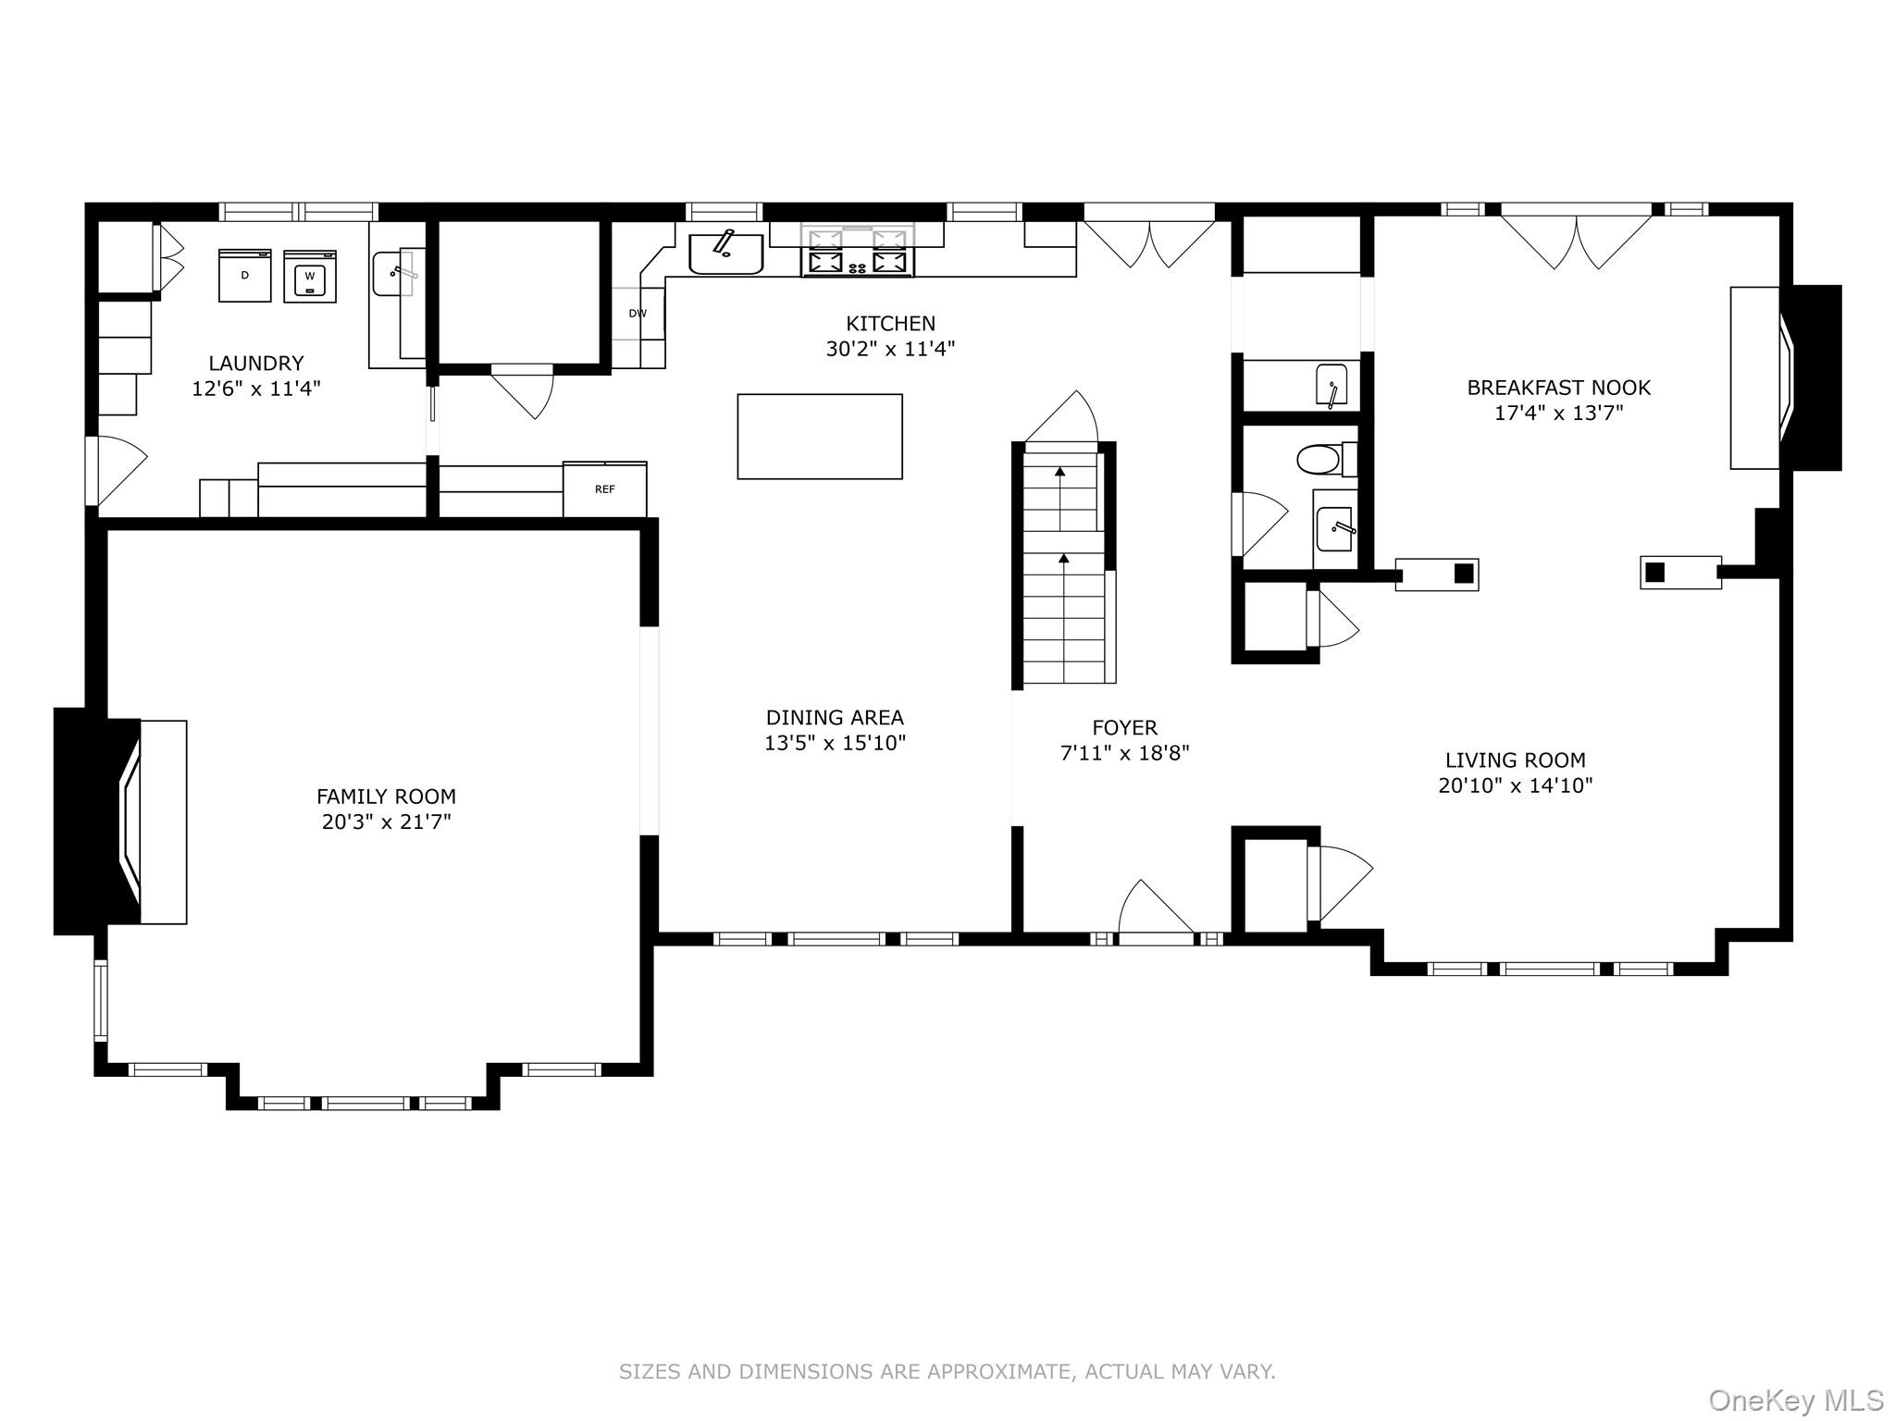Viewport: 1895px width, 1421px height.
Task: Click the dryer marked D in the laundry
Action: tap(245, 276)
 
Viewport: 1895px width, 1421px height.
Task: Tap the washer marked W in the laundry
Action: tap(310, 276)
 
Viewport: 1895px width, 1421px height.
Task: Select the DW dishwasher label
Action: tap(638, 314)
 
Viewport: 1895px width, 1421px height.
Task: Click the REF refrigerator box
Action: tap(604, 489)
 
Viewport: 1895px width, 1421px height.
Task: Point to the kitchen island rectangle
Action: tap(820, 437)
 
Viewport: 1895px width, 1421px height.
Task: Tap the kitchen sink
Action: tap(726, 253)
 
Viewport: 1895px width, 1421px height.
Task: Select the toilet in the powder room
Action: tap(1320, 459)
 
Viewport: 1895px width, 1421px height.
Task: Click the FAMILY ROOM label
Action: tap(386, 797)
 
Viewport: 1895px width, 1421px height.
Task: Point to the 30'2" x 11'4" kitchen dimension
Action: tap(890, 350)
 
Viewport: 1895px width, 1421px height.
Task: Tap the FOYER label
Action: tap(1124, 728)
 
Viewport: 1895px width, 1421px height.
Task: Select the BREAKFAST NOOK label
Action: tap(1558, 388)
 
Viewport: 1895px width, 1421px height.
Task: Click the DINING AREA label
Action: tap(835, 718)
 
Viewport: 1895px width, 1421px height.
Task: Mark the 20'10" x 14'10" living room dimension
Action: tap(1515, 786)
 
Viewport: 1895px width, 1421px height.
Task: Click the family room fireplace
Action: tap(120, 822)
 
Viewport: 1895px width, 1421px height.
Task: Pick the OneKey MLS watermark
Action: tap(1795, 1401)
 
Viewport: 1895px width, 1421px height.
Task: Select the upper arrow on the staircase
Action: tap(1060, 473)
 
